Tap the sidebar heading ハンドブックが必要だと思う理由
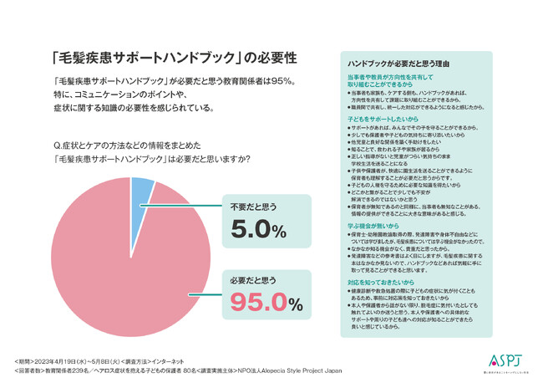pyautogui.click(x=402, y=64)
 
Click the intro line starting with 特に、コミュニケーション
pyautogui.click(x=141, y=94)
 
